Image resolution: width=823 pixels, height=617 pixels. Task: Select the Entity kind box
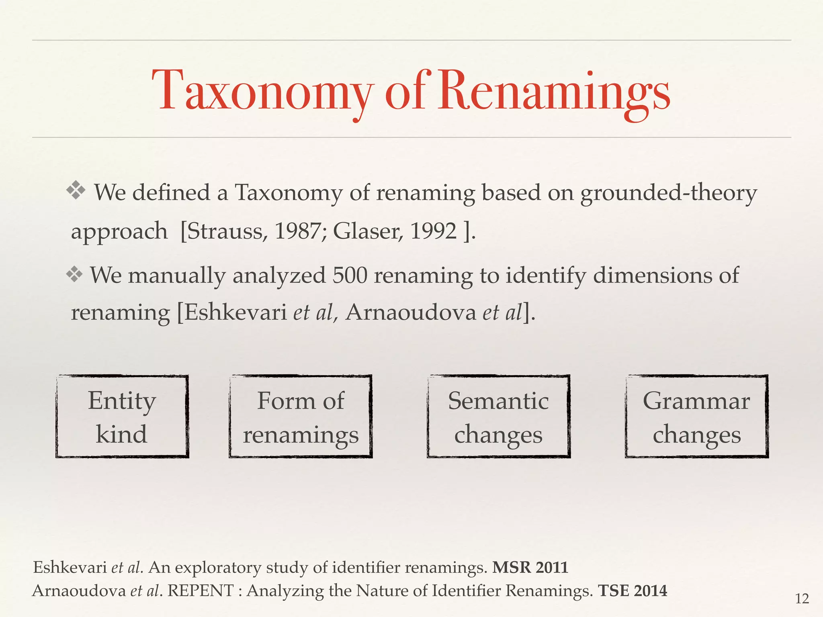pyautogui.click(x=122, y=417)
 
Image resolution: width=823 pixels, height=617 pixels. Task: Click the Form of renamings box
pyautogui.click(x=301, y=417)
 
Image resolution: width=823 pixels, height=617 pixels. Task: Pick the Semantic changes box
pyautogui.click(x=498, y=417)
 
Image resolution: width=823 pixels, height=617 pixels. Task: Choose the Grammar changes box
pyautogui.click(x=696, y=417)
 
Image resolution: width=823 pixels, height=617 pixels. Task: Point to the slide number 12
pyautogui.click(x=802, y=599)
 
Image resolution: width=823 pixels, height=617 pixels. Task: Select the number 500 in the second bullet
pyautogui.click(x=350, y=276)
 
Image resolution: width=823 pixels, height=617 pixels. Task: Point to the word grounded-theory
pyautogui.click(x=668, y=193)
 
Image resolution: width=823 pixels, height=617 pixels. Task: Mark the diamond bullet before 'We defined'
pyautogui.click(x=76, y=190)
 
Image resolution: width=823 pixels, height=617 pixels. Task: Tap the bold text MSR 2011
pyautogui.click(x=530, y=568)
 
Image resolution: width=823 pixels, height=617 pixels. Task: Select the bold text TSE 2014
pyautogui.click(x=633, y=591)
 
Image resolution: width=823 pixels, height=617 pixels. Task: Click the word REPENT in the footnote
pyautogui.click(x=201, y=591)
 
